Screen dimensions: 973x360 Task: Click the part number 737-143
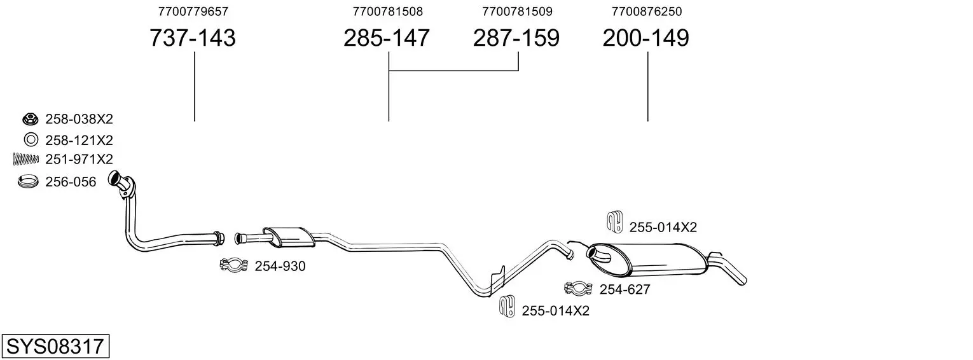coord(193,38)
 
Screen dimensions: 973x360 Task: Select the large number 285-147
coord(387,38)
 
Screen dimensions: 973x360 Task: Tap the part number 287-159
coord(516,38)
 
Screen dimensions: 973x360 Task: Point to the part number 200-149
coord(645,38)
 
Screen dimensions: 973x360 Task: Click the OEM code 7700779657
coord(193,11)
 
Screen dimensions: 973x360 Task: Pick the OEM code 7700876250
coord(647,11)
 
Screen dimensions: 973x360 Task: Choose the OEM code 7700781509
coord(517,11)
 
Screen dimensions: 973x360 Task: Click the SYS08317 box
coord(55,346)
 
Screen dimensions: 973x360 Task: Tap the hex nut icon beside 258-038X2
coord(30,118)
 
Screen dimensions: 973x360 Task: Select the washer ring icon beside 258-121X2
coord(31,140)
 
